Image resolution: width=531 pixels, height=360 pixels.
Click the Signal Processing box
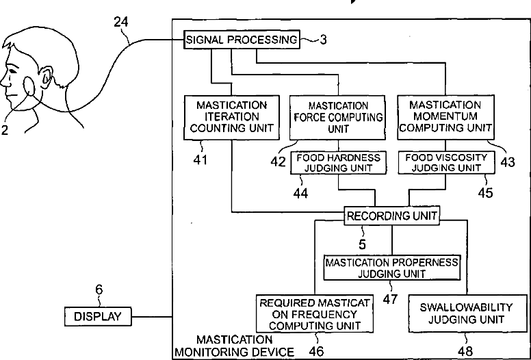[x=242, y=40]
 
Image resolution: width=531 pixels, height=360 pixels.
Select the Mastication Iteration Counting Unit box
[x=232, y=117]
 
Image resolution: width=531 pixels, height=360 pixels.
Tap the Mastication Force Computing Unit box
[x=337, y=118]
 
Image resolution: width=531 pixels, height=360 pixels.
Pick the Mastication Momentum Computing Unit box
[x=445, y=117]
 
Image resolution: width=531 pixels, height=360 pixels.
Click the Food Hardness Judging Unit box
[x=338, y=163]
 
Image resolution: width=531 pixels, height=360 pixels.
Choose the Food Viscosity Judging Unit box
[x=446, y=163]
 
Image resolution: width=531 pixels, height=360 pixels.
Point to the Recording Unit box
[x=392, y=216]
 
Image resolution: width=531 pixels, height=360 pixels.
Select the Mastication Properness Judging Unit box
[x=392, y=268]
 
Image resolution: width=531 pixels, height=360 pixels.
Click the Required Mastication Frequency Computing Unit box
[x=315, y=313]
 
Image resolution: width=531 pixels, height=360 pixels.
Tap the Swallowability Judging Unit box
[x=467, y=313]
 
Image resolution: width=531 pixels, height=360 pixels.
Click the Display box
[x=98, y=317]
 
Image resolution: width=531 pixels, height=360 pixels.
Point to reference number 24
[x=121, y=23]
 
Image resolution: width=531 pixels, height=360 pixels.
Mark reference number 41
[x=200, y=160]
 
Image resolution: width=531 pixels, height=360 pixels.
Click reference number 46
[x=316, y=352]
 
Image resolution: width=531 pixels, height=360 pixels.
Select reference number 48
[x=465, y=352]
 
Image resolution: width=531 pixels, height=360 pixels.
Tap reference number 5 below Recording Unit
[x=363, y=244]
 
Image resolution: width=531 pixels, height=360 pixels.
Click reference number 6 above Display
[x=99, y=290]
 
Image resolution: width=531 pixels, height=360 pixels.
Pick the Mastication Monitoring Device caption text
[x=234, y=346]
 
